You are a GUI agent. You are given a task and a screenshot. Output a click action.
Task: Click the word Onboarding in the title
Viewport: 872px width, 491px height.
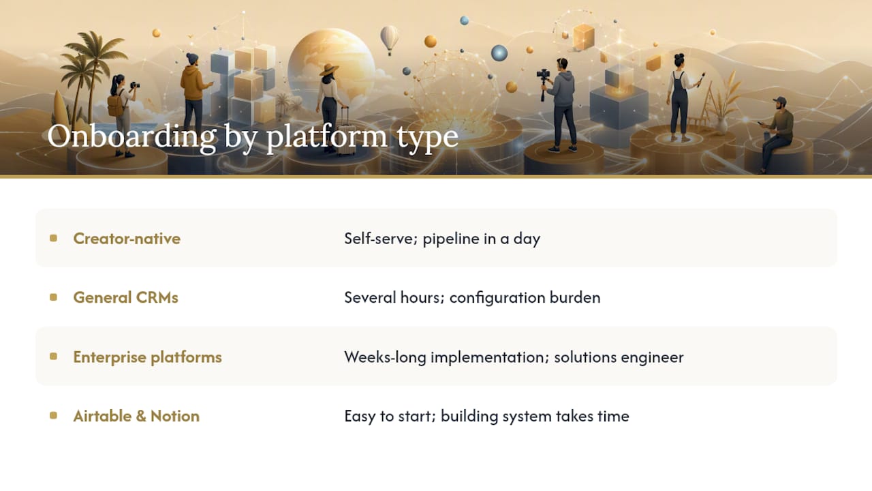(131, 137)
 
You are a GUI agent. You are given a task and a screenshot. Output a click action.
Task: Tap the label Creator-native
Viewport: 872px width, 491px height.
(127, 239)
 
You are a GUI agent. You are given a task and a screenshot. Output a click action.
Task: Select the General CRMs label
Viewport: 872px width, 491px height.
(126, 298)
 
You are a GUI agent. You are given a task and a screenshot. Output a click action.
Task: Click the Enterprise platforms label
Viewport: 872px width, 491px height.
(148, 357)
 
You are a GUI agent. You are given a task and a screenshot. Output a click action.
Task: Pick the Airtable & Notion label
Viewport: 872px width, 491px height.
(136, 416)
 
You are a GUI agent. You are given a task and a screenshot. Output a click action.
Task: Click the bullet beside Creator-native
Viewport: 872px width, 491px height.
(53, 238)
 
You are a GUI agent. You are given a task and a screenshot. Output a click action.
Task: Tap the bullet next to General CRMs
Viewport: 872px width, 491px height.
(53, 297)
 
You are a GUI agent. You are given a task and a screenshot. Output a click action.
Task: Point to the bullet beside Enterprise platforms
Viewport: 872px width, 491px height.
(53, 357)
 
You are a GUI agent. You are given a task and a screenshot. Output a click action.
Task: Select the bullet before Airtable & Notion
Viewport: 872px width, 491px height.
(53, 416)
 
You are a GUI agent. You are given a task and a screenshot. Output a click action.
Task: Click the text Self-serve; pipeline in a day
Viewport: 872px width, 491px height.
(442, 239)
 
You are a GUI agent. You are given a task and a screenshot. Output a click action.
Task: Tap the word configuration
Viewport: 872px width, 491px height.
(497, 298)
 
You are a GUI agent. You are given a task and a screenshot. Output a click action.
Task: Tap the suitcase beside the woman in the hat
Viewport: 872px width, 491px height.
(346, 132)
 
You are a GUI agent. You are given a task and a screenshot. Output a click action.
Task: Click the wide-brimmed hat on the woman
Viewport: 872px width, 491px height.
(329, 70)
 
